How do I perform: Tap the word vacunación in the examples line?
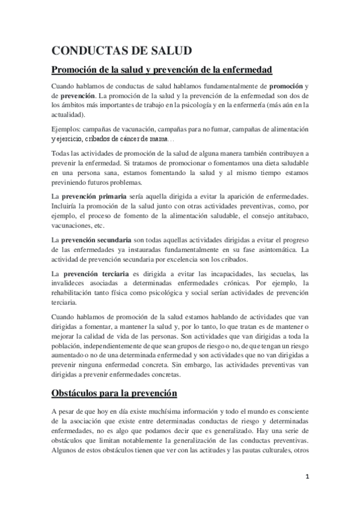pos(150,129)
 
